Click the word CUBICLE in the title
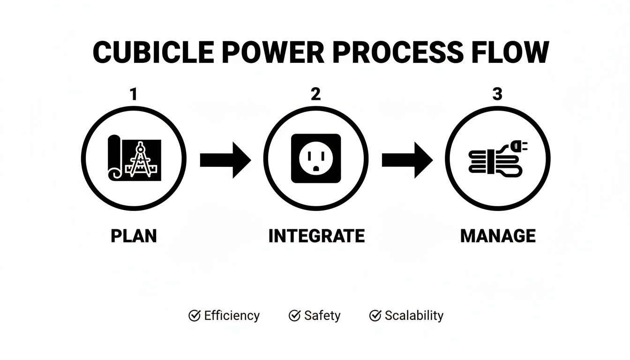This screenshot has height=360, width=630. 153,52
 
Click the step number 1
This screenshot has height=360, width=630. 134,95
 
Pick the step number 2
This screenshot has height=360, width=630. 315,95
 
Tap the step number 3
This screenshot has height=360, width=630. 497,95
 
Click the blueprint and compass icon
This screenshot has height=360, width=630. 135,158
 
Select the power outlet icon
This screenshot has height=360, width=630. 316,158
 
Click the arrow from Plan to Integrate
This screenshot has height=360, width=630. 225,160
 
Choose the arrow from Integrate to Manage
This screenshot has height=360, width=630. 407,160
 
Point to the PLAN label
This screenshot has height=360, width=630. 134,236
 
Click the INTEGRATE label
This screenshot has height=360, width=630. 316,236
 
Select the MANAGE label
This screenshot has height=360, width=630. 498,236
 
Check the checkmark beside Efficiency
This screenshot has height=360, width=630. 194,315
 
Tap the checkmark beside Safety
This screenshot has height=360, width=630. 294,315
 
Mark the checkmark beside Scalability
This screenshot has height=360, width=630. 375,315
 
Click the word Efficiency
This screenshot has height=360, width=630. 232,316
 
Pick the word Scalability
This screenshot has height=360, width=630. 414,316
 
